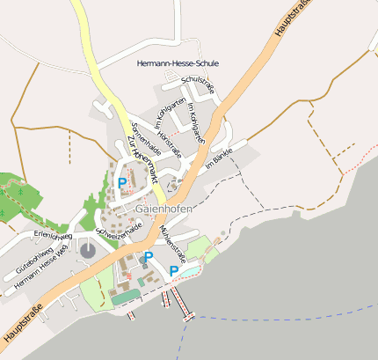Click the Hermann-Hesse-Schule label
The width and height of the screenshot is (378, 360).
pos(178,63)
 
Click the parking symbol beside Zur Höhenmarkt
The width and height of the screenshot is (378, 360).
pos(122,183)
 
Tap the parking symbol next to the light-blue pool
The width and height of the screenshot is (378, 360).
pos(173,271)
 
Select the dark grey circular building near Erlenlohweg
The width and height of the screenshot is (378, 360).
pos(88,250)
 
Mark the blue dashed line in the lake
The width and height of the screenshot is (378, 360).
pos(281,315)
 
